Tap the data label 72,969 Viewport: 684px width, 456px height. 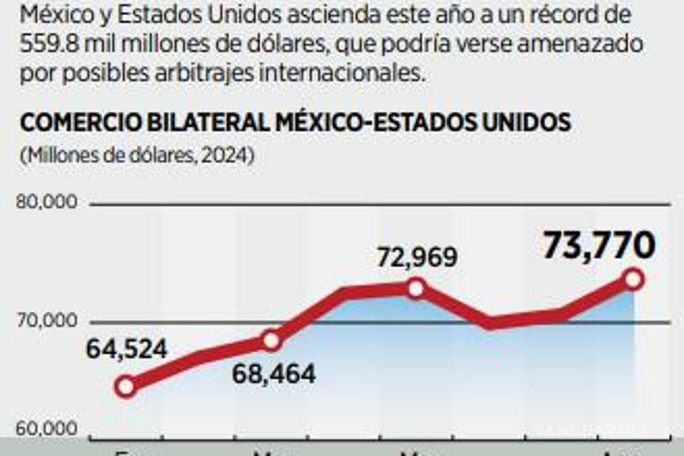click(x=416, y=258)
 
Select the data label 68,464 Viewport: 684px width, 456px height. click(x=273, y=374)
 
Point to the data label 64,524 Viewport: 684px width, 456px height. click(x=127, y=349)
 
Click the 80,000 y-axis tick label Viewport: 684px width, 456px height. click(x=47, y=203)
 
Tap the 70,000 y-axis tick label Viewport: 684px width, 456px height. click(x=47, y=321)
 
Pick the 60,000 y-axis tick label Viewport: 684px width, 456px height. click(x=47, y=429)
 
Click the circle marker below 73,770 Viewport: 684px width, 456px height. click(x=633, y=280)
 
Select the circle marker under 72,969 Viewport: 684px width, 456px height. click(x=416, y=288)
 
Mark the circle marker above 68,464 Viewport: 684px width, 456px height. click(x=272, y=341)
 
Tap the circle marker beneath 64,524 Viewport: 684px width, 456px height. click(x=126, y=387)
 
